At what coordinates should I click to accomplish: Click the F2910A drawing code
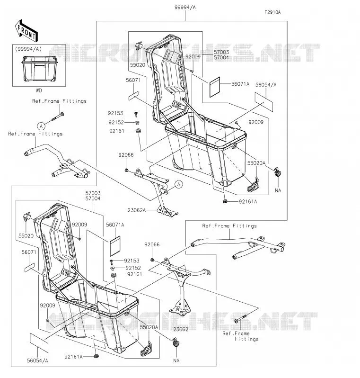click(272, 12)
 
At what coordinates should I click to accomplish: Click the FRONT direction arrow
click(26, 30)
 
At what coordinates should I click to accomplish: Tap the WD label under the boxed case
click(39, 90)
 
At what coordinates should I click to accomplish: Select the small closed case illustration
click(40, 69)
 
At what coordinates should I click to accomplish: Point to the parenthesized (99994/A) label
click(28, 49)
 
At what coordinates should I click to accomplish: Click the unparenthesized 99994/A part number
click(185, 8)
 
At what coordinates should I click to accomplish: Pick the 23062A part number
click(137, 210)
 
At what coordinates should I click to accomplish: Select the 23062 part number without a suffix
click(181, 329)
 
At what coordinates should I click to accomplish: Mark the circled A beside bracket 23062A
click(179, 185)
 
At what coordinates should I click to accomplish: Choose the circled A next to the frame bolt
click(42, 126)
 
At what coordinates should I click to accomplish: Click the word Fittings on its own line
click(246, 339)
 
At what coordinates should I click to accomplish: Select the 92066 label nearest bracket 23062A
click(126, 155)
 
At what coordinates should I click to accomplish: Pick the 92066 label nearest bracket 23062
click(152, 244)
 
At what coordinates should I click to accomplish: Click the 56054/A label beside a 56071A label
click(266, 85)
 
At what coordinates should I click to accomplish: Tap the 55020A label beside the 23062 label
click(149, 327)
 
